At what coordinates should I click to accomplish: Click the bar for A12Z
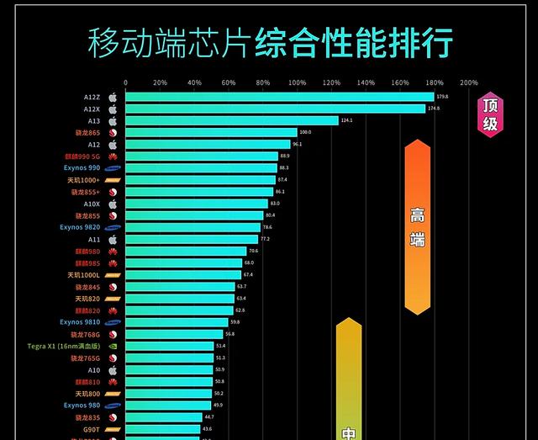[x=279, y=98]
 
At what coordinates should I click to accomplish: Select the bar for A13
[x=232, y=121]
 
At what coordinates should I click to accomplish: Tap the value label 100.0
[x=305, y=132]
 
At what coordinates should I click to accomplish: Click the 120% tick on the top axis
[x=331, y=82]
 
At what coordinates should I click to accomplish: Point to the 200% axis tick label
[x=469, y=82]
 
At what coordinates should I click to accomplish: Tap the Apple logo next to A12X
[x=113, y=109]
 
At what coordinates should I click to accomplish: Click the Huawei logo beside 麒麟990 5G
[x=113, y=156]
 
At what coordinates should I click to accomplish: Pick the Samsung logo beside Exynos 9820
[x=113, y=227]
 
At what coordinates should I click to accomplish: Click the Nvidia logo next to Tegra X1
[x=113, y=346]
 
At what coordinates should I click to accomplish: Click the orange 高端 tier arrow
[x=417, y=227]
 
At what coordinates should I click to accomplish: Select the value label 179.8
[x=442, y=97]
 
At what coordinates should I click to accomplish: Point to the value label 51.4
[x=220, y=346]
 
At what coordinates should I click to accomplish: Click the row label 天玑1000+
[x=82, y=180]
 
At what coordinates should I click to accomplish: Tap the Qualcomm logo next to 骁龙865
[x=113, y=133]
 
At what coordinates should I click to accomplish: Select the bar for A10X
[x=197, y=204]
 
